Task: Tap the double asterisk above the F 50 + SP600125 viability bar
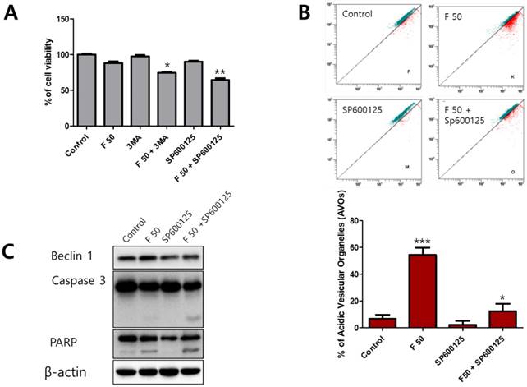click(220, 72)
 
